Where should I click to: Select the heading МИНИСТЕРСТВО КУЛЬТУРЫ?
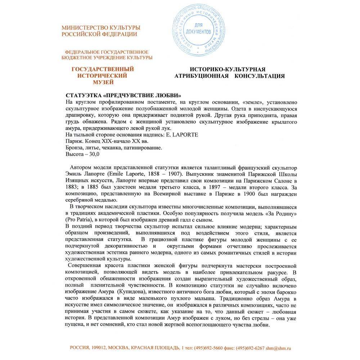[101, 28]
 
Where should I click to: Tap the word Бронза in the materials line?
[75, 148]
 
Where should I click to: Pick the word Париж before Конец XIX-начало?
[74, 141]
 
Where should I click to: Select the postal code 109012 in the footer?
[97, 348]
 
